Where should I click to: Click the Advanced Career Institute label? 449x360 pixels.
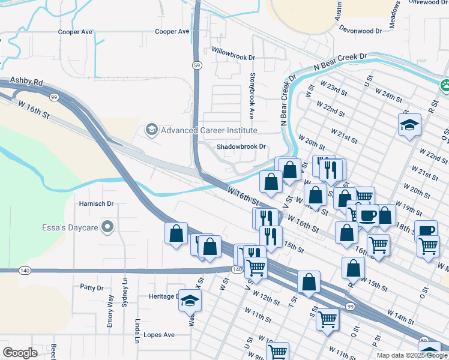(208, 130)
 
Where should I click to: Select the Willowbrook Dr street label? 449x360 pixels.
(234, 50)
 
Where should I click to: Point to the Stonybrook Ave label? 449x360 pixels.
(252, 95)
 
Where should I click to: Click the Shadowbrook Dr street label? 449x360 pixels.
(241, 146)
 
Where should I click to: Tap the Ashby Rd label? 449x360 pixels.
(26, 81)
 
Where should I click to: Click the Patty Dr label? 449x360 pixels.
(92, 288)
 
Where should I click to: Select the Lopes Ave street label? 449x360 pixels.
(157, 335)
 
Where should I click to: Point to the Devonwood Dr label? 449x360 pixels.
(360, 29)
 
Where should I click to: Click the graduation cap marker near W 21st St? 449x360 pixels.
(409, 125)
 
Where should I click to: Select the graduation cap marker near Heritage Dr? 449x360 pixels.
(190, 300)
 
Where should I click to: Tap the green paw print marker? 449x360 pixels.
(445, 86)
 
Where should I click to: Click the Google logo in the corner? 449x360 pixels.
(19, 353)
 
